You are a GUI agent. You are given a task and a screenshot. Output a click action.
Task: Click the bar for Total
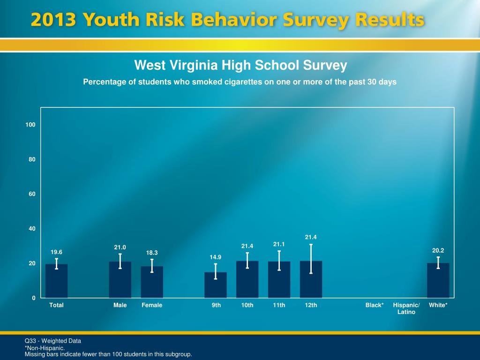[56, 281]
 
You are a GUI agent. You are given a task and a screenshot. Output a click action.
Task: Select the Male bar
[120, 280]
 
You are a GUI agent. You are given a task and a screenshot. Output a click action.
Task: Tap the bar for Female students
[152, 282]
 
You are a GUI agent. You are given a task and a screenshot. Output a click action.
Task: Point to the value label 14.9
[216, 257]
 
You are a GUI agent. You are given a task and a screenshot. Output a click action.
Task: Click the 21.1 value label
[279, 244]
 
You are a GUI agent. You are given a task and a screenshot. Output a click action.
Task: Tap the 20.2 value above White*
[438, 251]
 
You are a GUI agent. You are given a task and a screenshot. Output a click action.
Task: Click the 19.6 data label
[56, 252]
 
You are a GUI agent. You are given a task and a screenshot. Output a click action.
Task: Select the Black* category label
[375, 305]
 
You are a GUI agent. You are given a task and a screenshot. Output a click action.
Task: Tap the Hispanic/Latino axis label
[406, 308]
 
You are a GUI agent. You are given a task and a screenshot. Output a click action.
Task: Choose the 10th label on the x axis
[247, 305]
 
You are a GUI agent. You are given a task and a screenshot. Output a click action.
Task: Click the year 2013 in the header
[53, 21]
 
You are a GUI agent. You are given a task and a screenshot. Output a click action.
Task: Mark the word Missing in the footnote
[34, 354]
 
